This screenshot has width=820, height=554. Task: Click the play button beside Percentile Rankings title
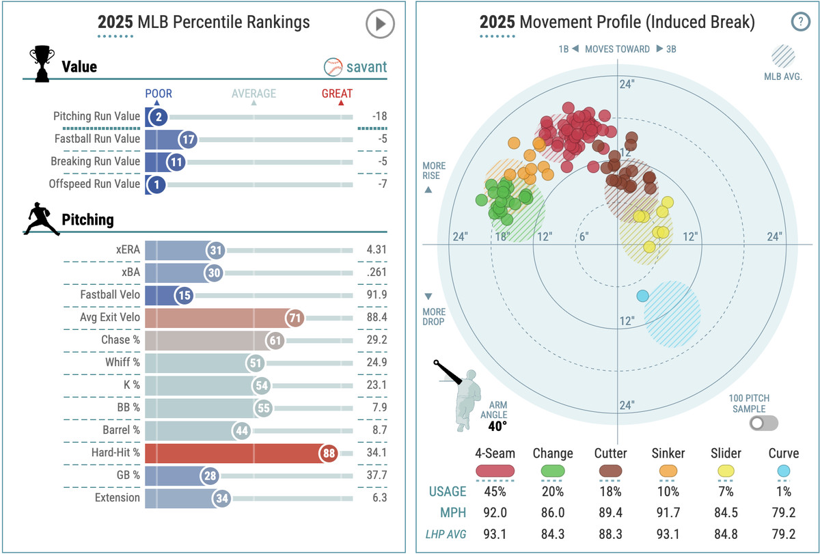380,24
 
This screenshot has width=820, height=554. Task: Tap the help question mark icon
800,21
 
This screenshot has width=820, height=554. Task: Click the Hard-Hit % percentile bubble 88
328,454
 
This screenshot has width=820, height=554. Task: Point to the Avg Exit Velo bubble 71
295,318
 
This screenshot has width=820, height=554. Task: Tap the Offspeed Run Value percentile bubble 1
155,184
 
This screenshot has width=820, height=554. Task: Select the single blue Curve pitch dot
642,296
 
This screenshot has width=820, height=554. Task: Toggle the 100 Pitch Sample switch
763,424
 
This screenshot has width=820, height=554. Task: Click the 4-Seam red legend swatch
495,471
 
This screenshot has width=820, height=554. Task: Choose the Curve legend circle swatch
783,471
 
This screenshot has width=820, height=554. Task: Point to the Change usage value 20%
552,491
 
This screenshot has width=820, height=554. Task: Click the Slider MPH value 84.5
725,513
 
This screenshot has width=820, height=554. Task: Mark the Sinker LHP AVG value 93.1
668,534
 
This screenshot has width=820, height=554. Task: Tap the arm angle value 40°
497,426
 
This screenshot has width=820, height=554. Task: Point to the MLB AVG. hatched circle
783,56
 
